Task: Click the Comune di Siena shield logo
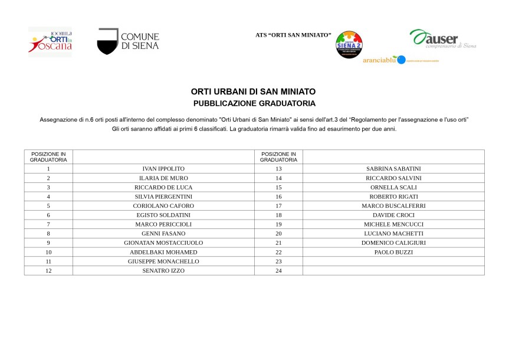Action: (x=107, y=41)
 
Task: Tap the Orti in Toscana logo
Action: (x=50, y=41)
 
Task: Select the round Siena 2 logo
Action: (x=349, y=45)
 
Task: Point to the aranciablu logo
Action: (x=383, y=60)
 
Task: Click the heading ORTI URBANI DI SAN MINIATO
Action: (x=254, y=91)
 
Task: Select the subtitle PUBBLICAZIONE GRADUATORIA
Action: (x=254, y=103)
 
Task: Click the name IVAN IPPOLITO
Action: (x=163, y=169)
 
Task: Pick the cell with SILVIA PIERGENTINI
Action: (x=163, y=197)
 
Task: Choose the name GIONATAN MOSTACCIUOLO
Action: (x=163, y=243)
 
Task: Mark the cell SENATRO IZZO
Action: (x=163, y=270)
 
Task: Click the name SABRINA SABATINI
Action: (x=393, y=169)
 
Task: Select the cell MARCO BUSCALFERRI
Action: (x=393, y=206)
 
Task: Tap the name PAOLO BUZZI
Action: (x=393, y=252)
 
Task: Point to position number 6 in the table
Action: (x=48, y=215)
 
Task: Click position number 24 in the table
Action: (x=278, y=270)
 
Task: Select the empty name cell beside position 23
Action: (x=393, y=261)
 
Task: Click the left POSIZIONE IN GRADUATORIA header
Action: (x=48, y=156)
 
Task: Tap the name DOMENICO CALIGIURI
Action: (x=393, y=243)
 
